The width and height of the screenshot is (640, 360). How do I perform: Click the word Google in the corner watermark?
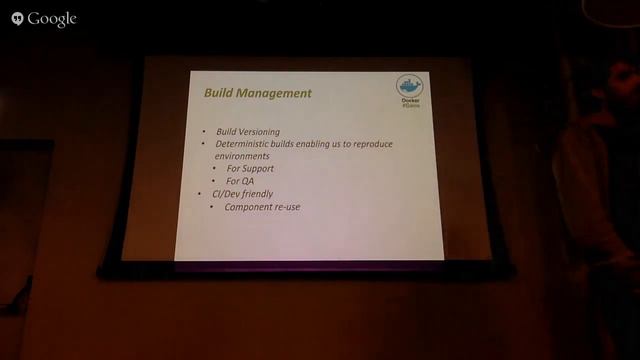[x=53, y=19]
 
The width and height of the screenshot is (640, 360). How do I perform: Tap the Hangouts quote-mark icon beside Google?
[x=17, y=19]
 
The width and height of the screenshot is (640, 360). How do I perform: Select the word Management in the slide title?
[x=277, y=93]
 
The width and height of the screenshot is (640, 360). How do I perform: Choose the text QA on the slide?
[x=247, y=181]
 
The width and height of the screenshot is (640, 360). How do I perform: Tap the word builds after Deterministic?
[x=284, y=145]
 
